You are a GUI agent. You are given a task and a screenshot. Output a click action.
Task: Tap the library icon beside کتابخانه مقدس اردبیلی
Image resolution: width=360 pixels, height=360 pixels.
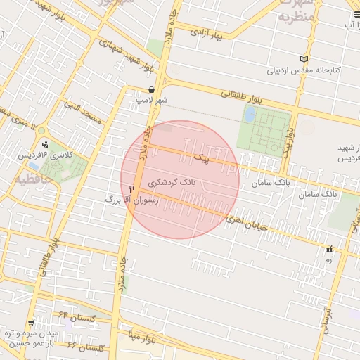(x=304, y=59)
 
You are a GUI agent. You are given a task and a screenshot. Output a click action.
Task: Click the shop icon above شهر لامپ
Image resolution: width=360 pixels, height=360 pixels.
(x=153, y=89)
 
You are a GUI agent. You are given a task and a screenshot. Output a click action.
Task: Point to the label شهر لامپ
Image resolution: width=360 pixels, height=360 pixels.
(x=153, y=101)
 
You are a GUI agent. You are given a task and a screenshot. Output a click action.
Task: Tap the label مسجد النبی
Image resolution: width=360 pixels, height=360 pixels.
(x=83, y=113)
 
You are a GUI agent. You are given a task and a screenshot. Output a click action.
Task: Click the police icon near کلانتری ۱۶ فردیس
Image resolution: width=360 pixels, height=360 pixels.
(x=46, y=145)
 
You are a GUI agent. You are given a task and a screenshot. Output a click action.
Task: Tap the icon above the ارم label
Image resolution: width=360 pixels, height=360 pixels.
(x=328, y=249)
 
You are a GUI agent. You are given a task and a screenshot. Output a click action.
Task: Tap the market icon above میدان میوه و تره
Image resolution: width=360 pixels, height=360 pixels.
(x=30, y=323)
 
